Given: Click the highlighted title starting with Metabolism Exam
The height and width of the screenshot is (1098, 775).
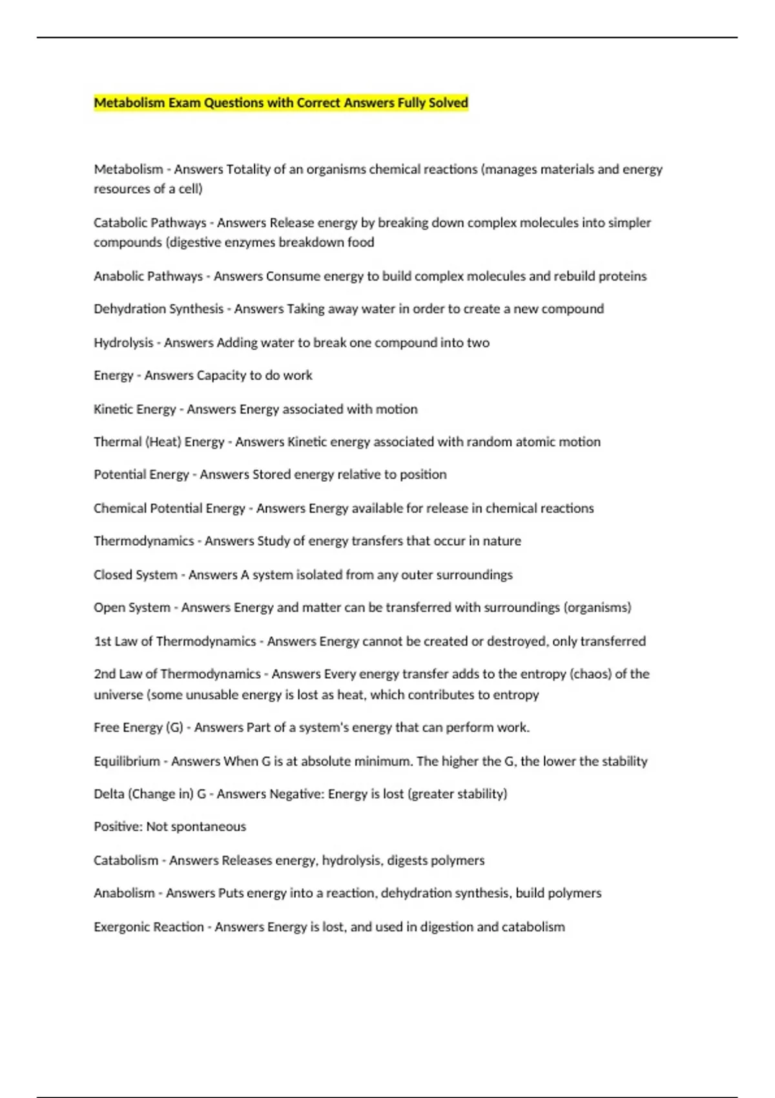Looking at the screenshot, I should (x=281, y=103).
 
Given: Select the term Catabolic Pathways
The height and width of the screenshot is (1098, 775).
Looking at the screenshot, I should (x=150, y=223).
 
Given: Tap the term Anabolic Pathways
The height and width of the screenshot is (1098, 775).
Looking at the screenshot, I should (x=148, y=276).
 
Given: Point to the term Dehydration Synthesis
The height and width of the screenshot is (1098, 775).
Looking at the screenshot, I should (x=158, y=309).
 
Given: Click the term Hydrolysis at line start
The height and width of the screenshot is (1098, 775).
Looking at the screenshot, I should (x=123, y=343).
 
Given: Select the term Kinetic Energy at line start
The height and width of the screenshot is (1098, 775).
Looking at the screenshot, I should (x=134, y=409).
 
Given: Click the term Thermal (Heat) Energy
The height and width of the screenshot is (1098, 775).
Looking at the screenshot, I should (x=159, y=442).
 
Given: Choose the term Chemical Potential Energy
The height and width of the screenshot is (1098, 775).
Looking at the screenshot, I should (x=169, y=508).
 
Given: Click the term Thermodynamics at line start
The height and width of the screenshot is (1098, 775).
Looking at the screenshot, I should (x=143, y=541).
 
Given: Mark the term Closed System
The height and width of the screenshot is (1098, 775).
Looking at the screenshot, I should (x=135, y=575).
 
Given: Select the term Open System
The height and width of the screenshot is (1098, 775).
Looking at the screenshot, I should (x=132, y=608).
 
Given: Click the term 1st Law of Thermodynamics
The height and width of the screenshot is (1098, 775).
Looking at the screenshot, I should (x=175, y=641).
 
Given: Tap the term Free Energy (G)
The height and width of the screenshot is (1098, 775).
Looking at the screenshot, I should (x=138, y=728).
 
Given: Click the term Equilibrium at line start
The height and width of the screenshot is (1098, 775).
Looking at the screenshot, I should (x=127, y=761).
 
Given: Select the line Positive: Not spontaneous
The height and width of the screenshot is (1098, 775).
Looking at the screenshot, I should (x=170, y=827).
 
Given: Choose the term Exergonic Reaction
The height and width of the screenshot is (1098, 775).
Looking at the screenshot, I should (x=149, y=927).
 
